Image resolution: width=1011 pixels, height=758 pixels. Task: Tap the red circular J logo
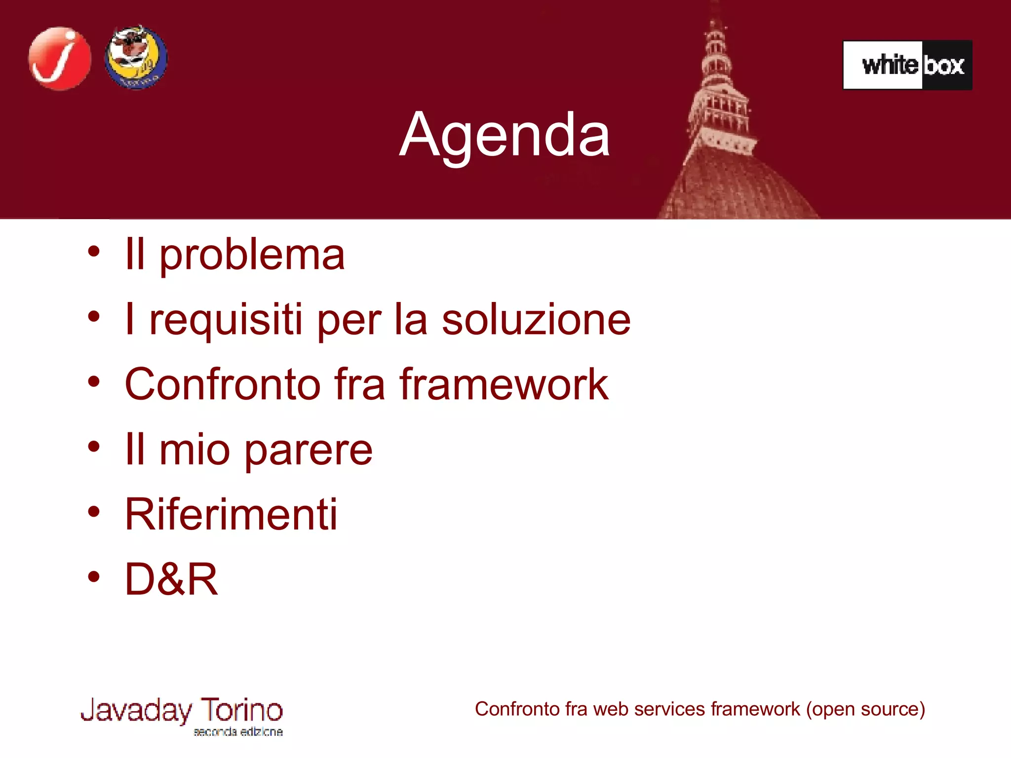[60, 59]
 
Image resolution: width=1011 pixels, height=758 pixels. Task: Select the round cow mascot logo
[136, 58]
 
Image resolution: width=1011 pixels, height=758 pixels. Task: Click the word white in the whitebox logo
[890, 65]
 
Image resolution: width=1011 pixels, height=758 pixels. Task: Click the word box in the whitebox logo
[944, 66]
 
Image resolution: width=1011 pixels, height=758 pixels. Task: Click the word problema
[252, 256]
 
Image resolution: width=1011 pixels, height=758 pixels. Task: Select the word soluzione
[536, 320]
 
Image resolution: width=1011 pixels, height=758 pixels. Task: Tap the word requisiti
[226, 320]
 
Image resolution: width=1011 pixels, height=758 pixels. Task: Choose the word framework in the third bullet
[504, 384]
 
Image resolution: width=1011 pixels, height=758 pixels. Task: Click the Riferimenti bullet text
[231, 514]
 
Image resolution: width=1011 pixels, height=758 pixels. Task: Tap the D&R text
[171, 579]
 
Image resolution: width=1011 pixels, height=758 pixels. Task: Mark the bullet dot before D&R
[94, 576]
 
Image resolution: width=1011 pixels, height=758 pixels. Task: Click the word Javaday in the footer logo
[136, 711]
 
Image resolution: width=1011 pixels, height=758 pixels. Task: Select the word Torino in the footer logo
[241, 710]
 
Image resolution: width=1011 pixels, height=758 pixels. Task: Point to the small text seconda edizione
[238, 732]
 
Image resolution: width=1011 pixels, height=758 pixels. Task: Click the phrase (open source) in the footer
[865, 709]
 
